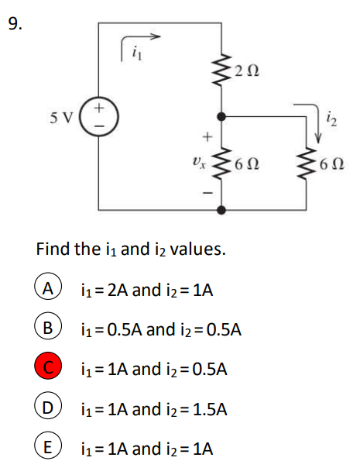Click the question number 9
(15, 24)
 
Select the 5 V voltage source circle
(99, 117)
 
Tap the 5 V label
(61, 119)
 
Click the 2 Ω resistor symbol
(221, 70)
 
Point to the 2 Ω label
(247, 71)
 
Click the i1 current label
(137, 53)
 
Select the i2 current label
(332, 119)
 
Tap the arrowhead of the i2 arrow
(318, 138)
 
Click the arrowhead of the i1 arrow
(156, 36)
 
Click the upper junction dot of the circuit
(221, 117)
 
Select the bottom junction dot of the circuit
(221, 210)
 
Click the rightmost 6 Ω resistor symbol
(306, 163)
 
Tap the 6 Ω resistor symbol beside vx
(221, 163)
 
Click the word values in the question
(197, 249)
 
